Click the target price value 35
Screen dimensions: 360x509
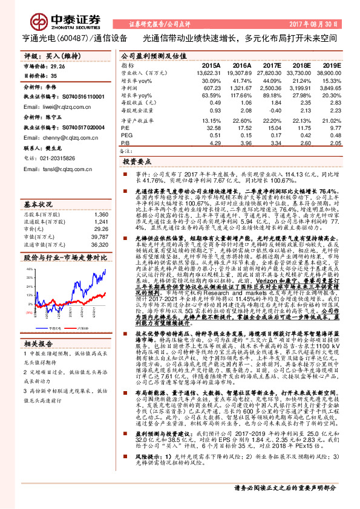pyautogui.click(x=54, y=76)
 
